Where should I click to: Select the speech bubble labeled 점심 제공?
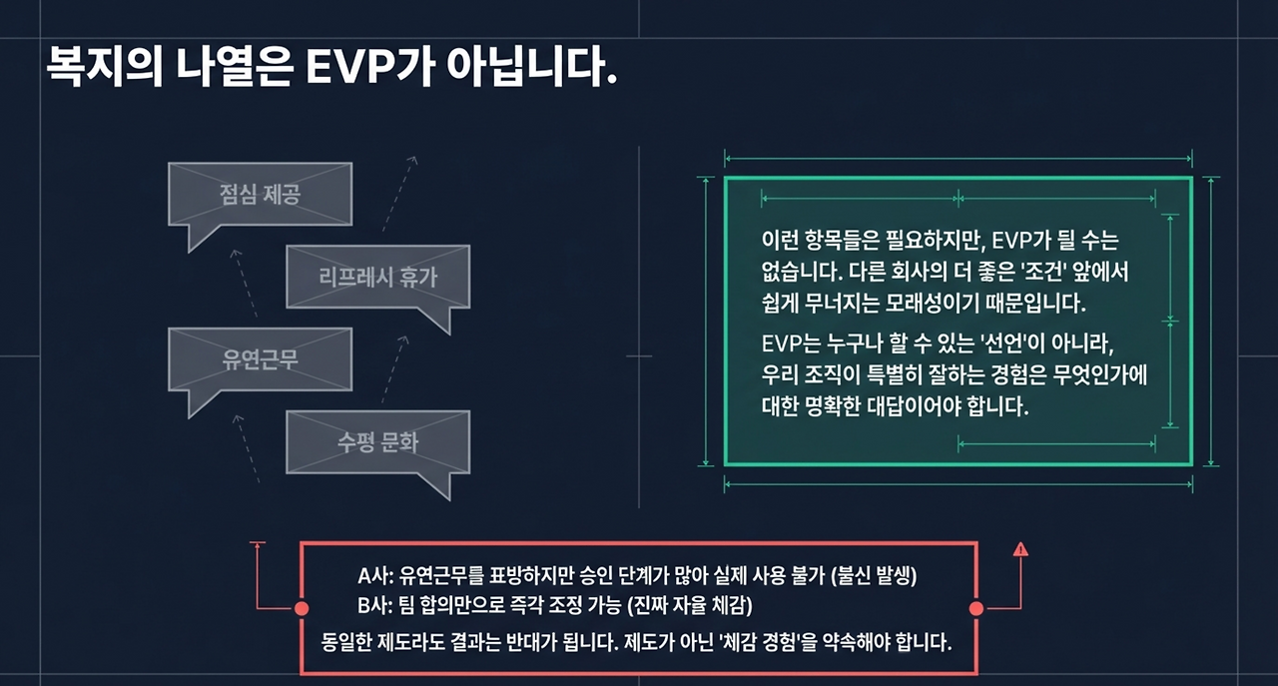pyautogui.click(x=260, y=193)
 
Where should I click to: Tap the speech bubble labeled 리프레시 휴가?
pyautogui.click(x=377, y=276)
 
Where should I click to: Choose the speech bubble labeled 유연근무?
pyautogui.click(x=260, y=358)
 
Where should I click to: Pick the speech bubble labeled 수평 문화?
pyautogui.click(x=377, y=441)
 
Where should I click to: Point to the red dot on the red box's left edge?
pyautogui.click(x=301, y=608)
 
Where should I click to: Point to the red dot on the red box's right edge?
pyautogui.click(x=976, y=608)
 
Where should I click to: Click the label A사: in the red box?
pyautogui.click(x=376, y=576)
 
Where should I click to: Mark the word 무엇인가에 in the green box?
pyautogui.click(x=1094, y=375)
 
